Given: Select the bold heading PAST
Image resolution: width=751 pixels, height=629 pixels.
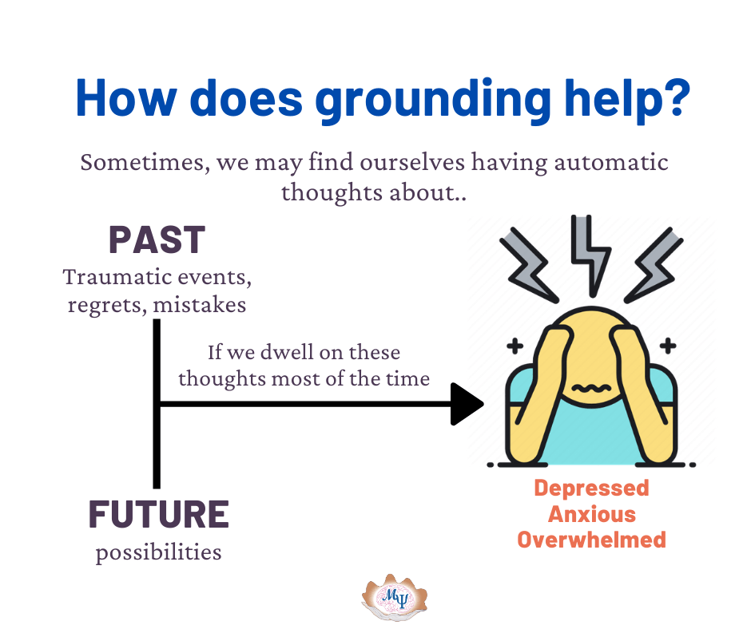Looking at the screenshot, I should (x=157, y=239).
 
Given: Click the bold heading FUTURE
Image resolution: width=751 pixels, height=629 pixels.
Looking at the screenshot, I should (x=158, y=514).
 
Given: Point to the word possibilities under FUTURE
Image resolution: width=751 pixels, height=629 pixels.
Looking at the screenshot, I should (x=158, y=552).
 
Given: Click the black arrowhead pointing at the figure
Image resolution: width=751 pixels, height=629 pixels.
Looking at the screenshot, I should (x=466, y=404).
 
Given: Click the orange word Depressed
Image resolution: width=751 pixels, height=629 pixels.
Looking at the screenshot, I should (x=591, y=488).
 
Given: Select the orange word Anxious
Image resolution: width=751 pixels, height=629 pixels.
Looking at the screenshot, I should (x=591, y=513).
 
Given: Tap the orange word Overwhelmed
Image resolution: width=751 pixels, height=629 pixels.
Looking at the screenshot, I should (x=591, y=539).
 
